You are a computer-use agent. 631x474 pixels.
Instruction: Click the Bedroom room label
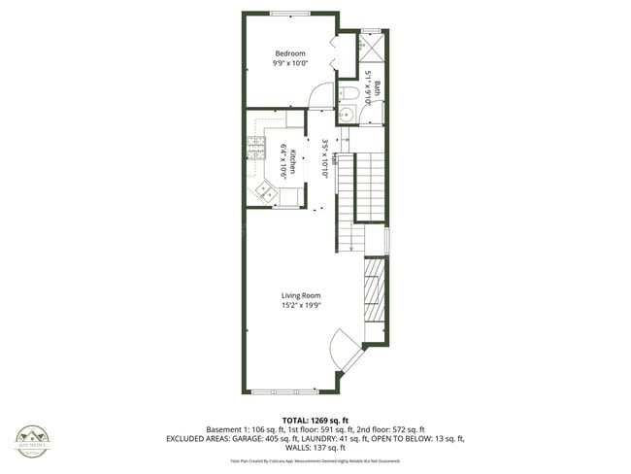point(289,53)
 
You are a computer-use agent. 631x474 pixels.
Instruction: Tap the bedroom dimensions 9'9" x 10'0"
point(289,64)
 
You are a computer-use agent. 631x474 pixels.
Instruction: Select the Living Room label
point(301,295)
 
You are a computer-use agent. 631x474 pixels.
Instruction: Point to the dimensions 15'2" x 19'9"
point(301,306)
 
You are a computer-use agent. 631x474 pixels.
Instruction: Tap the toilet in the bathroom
point(347,93)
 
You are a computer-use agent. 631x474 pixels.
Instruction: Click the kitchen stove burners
point(257,148)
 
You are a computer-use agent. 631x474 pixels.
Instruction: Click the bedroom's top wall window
point(284,13)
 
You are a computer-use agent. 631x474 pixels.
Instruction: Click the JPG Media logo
point(32,440)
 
